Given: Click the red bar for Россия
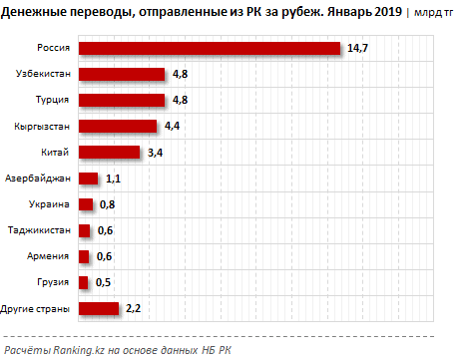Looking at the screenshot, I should (211, 48).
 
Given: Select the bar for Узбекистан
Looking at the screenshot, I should (122, 74).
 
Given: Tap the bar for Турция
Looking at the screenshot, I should (122, 100).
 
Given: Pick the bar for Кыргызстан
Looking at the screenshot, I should (118, 126).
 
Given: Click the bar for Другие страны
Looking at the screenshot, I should (99, 308).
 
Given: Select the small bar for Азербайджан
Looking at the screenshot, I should (89, 179).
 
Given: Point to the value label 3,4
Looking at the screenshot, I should (154, 152).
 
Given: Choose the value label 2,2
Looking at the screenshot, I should (133, 308).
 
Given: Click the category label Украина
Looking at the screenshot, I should (49, 204).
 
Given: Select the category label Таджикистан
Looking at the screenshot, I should (40, 230).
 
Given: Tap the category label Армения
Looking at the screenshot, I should (49, 256).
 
